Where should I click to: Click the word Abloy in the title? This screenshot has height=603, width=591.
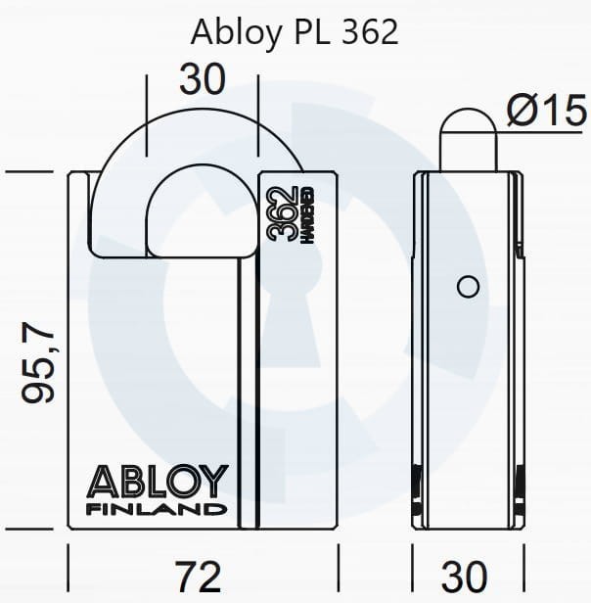click(x=233, y=31)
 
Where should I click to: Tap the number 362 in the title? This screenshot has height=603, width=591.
click(x=370, y=31)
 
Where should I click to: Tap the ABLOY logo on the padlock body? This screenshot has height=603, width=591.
click(x=159, y=483)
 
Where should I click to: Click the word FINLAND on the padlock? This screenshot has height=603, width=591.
click(x=159, y=510)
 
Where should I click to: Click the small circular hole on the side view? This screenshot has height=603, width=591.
click(x=468, y=286)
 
